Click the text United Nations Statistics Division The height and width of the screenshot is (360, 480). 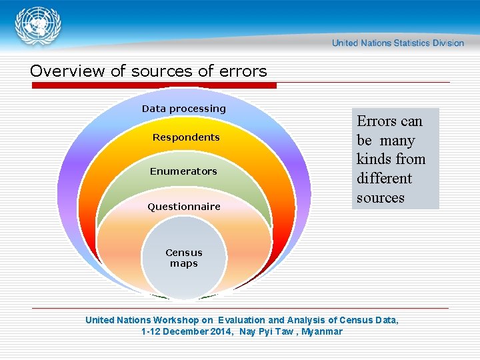click(x=398, y=43)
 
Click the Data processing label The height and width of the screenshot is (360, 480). click(x=184, y=109)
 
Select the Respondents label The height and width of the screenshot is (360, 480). click(x=186, y=137)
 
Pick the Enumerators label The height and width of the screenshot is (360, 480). click(x=183, y=171)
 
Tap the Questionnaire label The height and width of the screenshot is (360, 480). click(x=184, y=207)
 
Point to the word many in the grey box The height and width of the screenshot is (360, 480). click(x=397, y=141)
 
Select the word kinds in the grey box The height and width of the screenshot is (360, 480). click(x=373, y=159)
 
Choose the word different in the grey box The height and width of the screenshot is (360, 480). click(x=384, y=179)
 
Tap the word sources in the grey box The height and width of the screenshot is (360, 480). click(x=381, y=198)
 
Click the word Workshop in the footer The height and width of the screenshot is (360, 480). click(x=177, y=320)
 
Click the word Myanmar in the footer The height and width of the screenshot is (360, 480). click(x=322, y=331)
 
